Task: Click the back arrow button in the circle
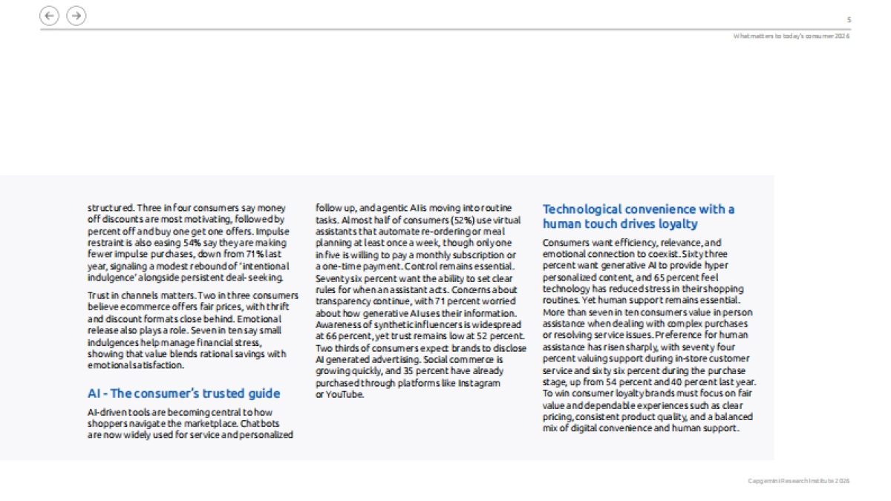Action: [x=50, y=15]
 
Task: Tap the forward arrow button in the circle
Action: [x=76, y=15]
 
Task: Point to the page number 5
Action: [x=849, y=20]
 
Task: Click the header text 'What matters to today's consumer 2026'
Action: [x=791, y=36]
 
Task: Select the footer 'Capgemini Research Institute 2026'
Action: [x=798, y=481]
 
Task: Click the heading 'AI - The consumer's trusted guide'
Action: [x=183, y=393]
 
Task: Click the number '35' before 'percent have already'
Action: [x=408, y=370]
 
